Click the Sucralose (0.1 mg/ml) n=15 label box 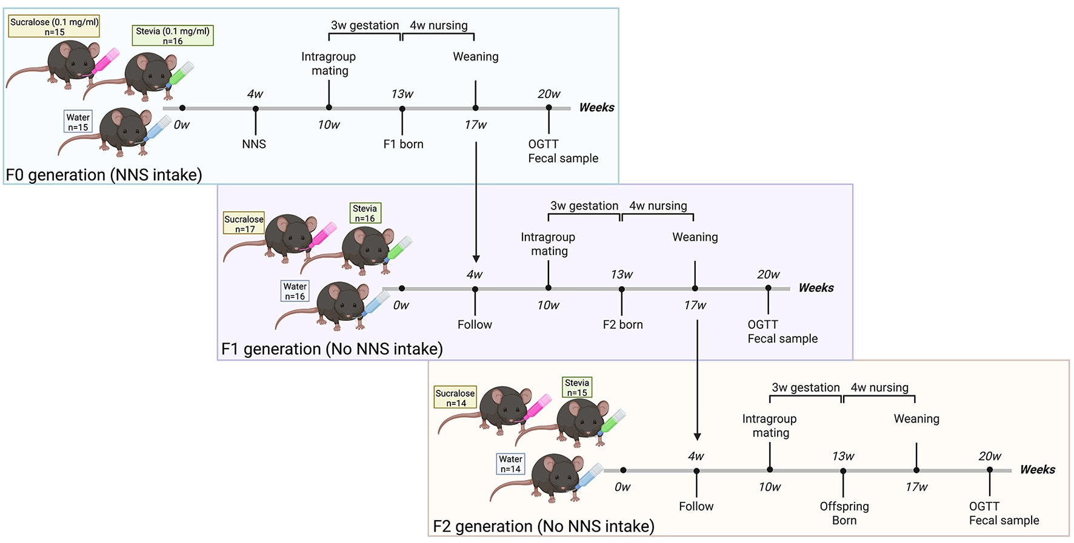[x=54, y=27]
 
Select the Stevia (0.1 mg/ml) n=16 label [x=173, y=36]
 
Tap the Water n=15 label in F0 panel [x=78, y=122]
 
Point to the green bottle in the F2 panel [x=612, y=421]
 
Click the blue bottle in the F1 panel [x=376, y=301]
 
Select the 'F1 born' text [x=403, y=144]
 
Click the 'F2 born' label [x=622, y=324]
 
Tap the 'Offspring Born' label [x=844, y=513]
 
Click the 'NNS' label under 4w [x=253, y=144]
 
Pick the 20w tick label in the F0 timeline [x=549, y=94]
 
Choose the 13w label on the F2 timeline [x=842, y=456]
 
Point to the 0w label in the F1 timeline [x=401, y=305]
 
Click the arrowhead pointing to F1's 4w [x=476, y=258]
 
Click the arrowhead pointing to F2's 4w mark [x=697, y=436]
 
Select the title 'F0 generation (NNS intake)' [x=104, y=175]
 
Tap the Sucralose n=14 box [x=455, y=398]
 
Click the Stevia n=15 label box [x=576, y=387]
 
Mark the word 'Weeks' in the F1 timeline [x=816, y=288]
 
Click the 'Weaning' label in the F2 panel [x=916, y=418]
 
